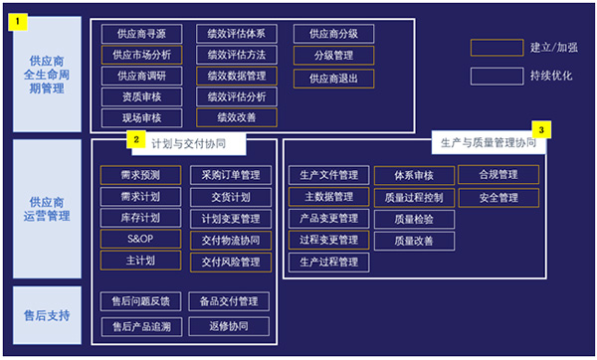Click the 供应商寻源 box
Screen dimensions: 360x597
[141, 33]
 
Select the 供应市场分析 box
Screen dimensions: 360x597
[141, 55]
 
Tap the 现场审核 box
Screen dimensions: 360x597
[141, 117]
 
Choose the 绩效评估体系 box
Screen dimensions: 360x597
[236, 33]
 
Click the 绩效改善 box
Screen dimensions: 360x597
[236, 117]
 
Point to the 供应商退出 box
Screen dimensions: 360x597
[333, 78]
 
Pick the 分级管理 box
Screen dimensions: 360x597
[333, 55]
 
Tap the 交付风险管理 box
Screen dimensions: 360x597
[231, 262]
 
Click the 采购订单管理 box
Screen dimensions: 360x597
[231, 175]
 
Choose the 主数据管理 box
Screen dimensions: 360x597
[328, 196]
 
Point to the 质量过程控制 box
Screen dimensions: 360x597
[413, 197]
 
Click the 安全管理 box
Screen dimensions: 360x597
[498, 197]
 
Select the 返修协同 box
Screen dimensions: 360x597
[231, 325]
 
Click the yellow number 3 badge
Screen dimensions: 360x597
[540, 129]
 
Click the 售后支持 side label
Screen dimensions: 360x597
[47, 315]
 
